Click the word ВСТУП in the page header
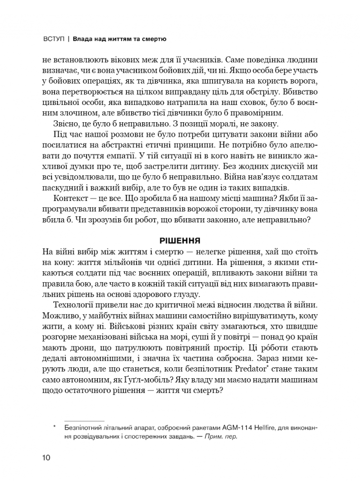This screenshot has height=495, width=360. click(54, 38)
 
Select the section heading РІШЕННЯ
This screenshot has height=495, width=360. click(180, 241)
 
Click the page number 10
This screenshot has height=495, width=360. click(46, 457)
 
